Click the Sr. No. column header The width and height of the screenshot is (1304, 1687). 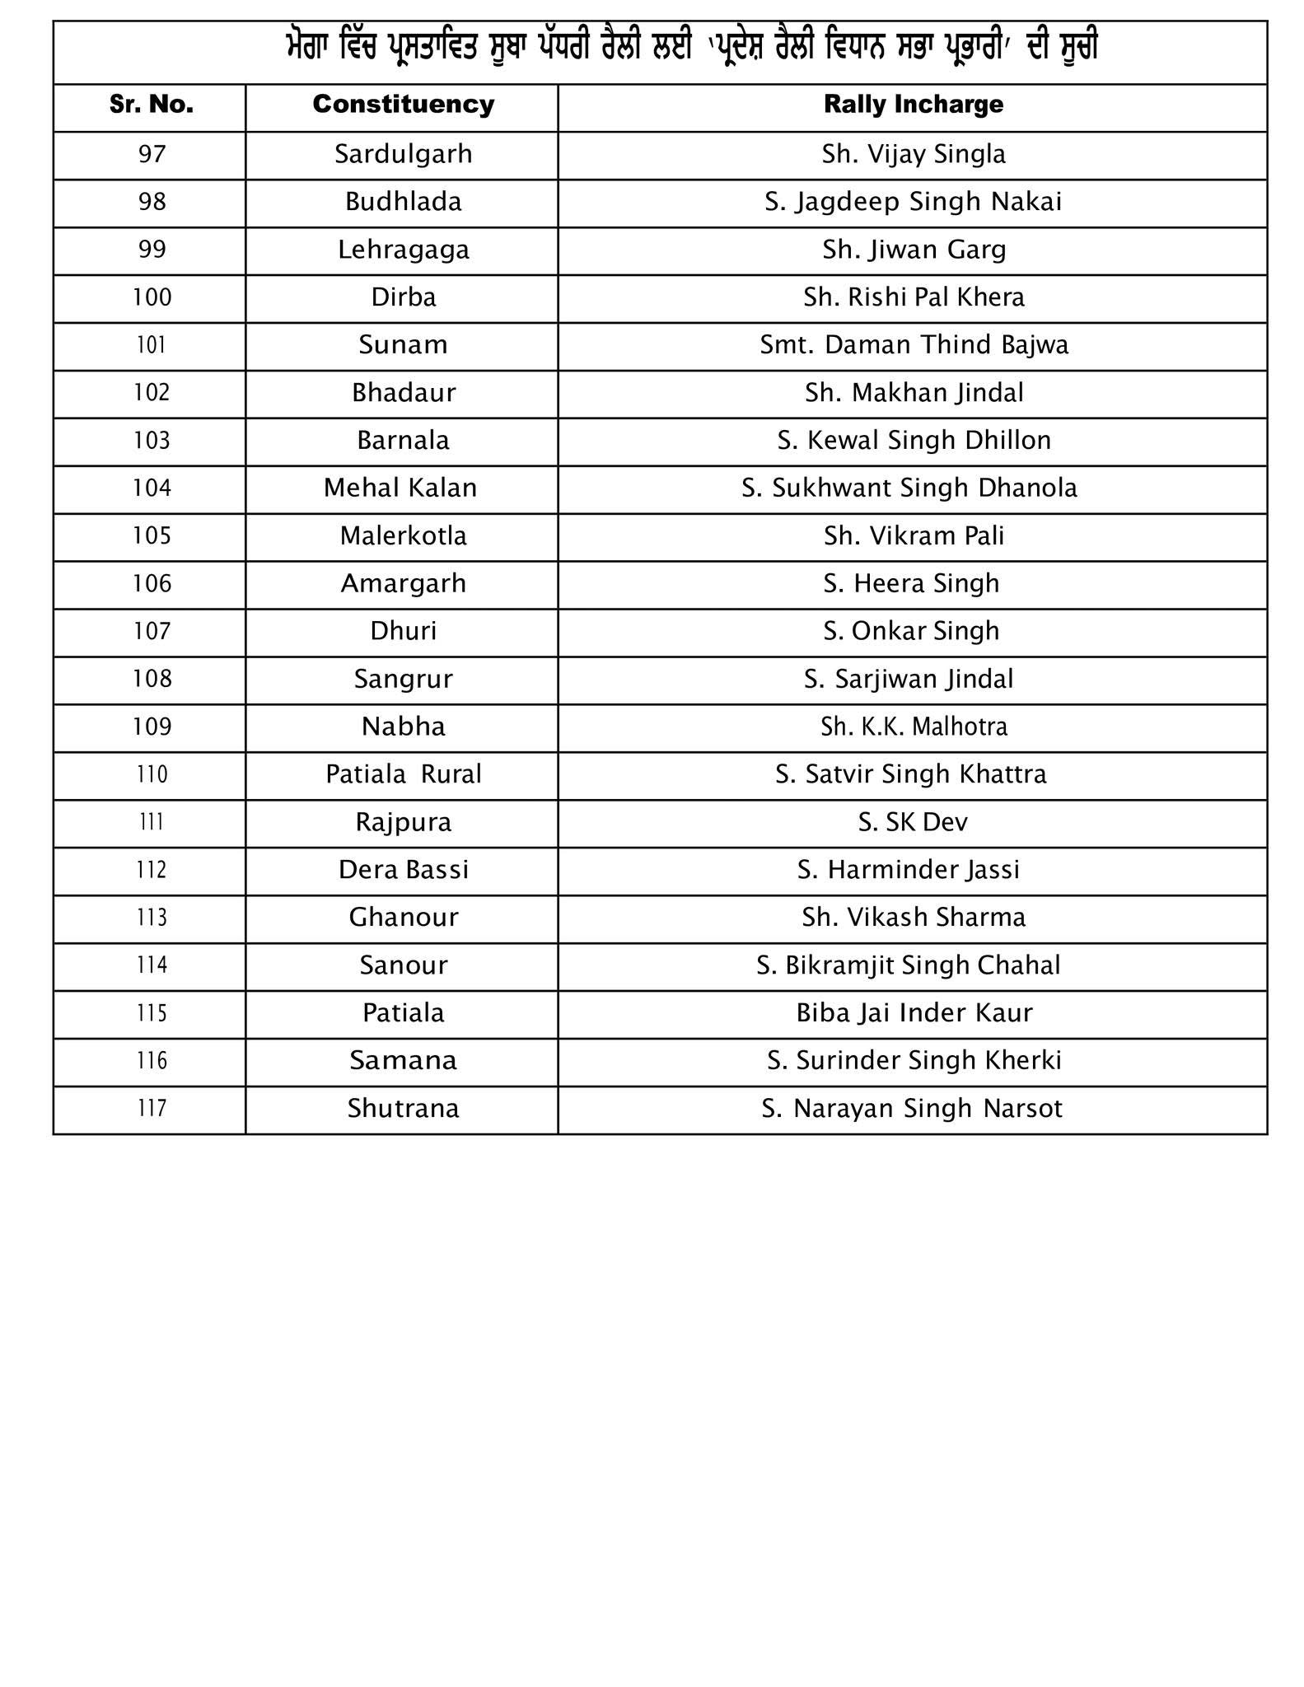152,105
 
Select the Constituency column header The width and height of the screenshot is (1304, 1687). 403,105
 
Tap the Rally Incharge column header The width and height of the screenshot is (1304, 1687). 913,105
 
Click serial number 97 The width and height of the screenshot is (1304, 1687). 152,154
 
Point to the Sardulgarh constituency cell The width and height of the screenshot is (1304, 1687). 403,154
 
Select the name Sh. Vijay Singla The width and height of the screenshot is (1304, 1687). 913,154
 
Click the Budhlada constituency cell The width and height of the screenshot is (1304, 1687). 403,202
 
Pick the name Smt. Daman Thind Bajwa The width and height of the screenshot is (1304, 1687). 914,344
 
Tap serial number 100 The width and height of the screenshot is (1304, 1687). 152,297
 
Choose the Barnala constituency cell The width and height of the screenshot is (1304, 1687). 403,440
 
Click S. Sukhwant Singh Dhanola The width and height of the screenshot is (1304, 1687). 909,488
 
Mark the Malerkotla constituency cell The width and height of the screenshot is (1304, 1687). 403,535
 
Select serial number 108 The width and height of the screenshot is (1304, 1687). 152,679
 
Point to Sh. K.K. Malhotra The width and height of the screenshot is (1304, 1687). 914,727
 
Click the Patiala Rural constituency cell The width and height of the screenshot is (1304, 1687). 403,774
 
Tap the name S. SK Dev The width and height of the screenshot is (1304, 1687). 913,822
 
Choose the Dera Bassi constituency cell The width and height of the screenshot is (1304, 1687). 403,870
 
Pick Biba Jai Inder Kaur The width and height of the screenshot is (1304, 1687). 914,1012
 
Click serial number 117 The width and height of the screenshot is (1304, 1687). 152,1108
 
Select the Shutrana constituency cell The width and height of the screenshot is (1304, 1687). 403,1108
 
